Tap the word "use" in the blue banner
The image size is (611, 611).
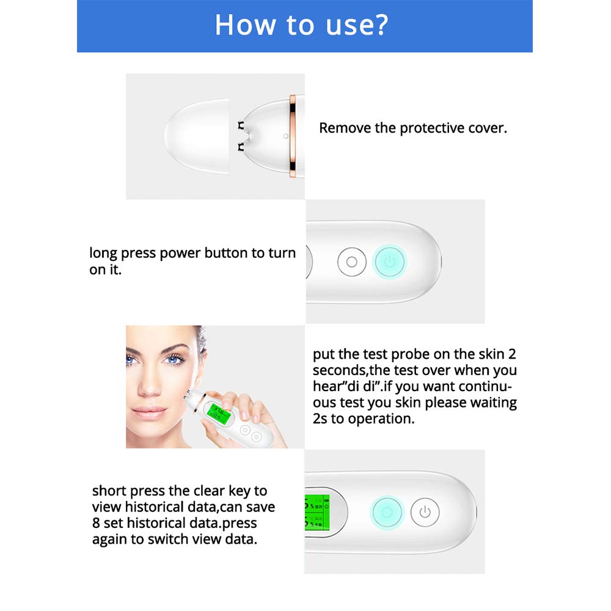tap(334, 26)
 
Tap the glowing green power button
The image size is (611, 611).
tap(390, 262)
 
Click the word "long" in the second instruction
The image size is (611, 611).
tap(101, 253)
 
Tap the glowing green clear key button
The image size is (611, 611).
tap(387, 512)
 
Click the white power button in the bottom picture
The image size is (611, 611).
tap(425, 512)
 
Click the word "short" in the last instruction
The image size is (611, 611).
tap(111, 491)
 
